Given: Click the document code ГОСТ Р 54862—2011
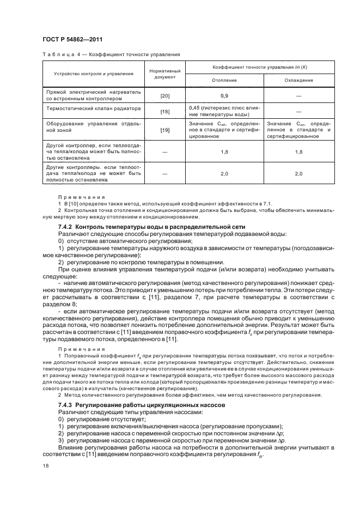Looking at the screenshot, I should point(73,39).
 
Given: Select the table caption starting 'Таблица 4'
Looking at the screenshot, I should point(111,54).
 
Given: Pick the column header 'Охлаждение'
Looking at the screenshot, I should point(298,80).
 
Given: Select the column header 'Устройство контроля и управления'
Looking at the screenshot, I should point(94,74).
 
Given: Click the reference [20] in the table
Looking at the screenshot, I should point(164,96).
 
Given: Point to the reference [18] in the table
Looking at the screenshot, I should point(164,111).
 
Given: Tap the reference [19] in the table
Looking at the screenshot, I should point(164,131).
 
